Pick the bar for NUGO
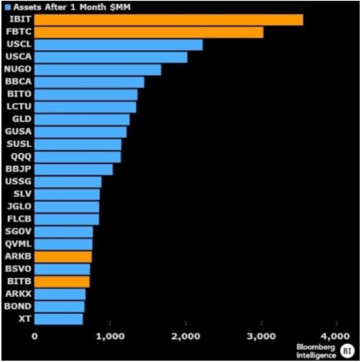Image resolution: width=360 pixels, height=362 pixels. (97, 69)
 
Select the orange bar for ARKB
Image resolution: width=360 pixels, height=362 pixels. (63, 257)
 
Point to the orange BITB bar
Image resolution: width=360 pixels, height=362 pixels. (61, 281)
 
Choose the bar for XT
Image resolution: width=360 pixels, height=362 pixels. (59, 319)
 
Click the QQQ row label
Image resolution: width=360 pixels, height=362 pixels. (20, 157)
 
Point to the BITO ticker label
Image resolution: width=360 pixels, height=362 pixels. (18, 95)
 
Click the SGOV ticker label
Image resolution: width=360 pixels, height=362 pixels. (18, 231)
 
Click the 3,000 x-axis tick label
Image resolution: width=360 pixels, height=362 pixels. (261, 336)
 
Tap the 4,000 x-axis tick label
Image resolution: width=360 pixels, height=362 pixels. (336, 336)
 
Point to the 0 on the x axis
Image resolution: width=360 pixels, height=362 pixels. (35, 336)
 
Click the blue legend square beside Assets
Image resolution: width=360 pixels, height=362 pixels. (7, 7)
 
